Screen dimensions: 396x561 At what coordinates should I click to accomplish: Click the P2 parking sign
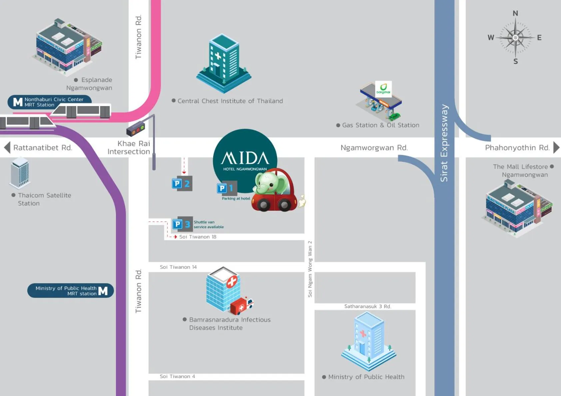(x=182, y=183)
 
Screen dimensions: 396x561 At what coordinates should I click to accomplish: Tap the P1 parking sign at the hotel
(x=227, y=188)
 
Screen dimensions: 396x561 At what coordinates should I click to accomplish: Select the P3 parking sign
(x=182, y=224)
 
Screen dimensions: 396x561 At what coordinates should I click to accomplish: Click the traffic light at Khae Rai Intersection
(x=136, y=129)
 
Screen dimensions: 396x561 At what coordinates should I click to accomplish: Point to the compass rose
(x=515, y=38)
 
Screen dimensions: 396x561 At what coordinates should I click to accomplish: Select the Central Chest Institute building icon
(x=224, y=63)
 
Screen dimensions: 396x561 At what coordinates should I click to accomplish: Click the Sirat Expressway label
(x=444, y=143)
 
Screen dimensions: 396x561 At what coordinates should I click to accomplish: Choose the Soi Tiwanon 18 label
(x=198, y=237)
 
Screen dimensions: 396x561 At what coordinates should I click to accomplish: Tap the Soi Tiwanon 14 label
(x=178, y=267)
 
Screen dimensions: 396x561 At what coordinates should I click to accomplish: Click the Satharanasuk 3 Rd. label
(x=367, y=306)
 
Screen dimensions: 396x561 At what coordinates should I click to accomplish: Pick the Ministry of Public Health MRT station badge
(x=71, y=291)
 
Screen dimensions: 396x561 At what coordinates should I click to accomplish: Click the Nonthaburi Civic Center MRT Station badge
(x=49, y=102)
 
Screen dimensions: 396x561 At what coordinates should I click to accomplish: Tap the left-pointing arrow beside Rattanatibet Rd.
(x=7, y=147)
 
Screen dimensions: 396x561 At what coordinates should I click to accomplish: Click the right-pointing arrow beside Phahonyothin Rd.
(x=556, y=147)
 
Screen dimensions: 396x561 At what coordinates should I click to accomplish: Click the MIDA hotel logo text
(x=245, y=158)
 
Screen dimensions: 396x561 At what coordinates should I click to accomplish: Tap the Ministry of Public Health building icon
(x=368, y=341)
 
